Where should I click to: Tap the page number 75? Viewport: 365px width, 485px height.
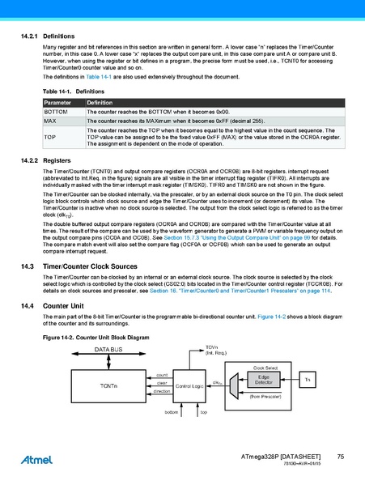[341, 458]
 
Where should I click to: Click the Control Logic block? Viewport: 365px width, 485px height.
[190, 385]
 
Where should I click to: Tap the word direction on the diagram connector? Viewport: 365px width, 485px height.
[162, 390]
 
